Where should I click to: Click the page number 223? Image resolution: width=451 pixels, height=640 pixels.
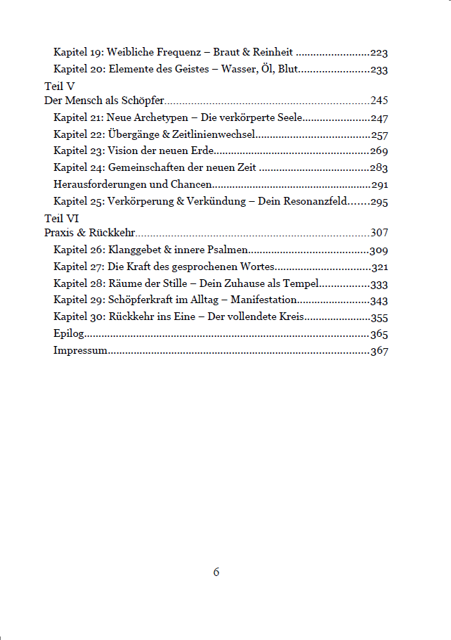click(379, 53)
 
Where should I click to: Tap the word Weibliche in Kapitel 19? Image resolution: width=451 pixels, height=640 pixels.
click(131, 53)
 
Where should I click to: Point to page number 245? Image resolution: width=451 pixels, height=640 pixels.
click(379, 101)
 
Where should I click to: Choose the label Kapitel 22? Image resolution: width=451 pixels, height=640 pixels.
click(79, 134)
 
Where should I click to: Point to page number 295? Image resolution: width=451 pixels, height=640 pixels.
click(379, 203)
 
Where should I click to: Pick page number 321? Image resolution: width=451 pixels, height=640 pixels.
click(379, 267)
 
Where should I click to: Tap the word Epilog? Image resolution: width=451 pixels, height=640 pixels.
click(67, 334)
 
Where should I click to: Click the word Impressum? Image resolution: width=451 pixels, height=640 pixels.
click(80, 351)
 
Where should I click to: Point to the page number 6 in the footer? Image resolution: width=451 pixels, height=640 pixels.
click(216, 572)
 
